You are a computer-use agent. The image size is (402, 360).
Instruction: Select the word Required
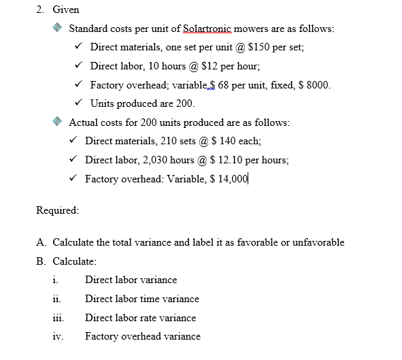click(57, 210)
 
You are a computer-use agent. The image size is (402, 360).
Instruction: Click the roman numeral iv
click(54, 336)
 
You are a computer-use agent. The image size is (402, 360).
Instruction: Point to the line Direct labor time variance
click(141, 299)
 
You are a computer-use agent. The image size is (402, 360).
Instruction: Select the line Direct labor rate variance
click(140, 318)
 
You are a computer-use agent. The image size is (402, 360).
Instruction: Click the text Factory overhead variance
click(142, 336)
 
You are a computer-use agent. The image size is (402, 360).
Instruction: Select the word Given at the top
click(66, 10)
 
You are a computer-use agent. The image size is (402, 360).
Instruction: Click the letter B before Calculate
click(41, 261)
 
